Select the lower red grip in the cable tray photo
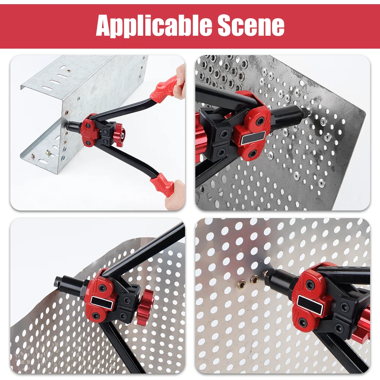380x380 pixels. point(163,184)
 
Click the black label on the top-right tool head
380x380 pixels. point(251,138)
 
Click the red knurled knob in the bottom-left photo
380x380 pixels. point(145,306)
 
